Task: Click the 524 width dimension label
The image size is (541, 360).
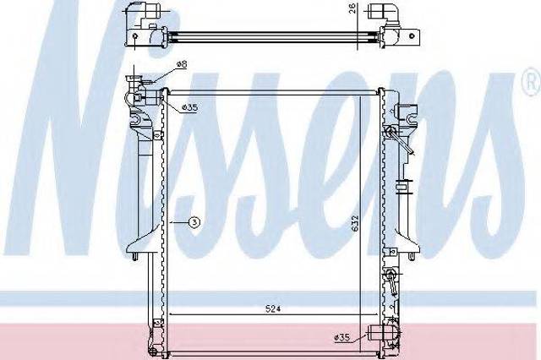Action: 273,308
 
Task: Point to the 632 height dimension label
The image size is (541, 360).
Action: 356,223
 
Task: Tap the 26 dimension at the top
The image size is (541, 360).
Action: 352,8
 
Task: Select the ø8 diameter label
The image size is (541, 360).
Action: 182,64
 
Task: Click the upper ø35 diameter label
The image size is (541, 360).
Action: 189,107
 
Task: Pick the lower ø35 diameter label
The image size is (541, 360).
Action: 342,338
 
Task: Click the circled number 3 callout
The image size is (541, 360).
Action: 194,223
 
